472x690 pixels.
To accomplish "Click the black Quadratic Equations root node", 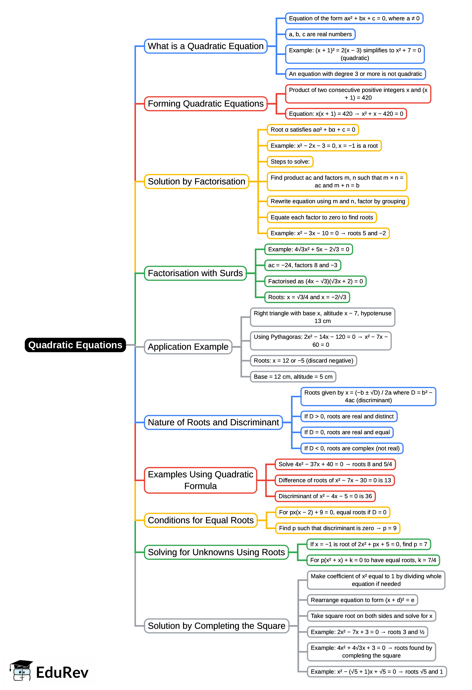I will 75,345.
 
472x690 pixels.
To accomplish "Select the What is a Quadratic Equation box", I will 206,46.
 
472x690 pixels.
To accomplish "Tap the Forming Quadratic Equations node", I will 206,104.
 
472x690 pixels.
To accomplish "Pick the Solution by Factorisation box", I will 196,181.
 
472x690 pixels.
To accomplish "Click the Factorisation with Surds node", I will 195,273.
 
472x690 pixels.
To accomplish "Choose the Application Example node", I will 188,347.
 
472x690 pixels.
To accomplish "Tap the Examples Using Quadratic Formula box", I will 201,480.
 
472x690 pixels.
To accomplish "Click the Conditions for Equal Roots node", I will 201,520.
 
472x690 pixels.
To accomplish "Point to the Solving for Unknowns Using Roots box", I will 216,552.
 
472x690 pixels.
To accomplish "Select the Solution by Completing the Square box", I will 217,626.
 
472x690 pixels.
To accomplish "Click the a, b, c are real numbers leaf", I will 320,34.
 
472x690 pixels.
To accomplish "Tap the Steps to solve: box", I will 290,162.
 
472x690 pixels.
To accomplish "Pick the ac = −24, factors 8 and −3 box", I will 303,265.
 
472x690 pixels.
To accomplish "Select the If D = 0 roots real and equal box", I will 347,432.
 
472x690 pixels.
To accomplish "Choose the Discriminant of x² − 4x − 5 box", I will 325,496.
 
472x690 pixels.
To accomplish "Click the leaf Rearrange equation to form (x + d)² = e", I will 362,600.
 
